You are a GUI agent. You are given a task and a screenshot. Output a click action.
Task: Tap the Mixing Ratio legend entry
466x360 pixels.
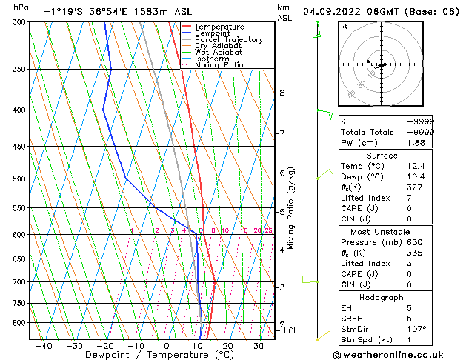(219, 65)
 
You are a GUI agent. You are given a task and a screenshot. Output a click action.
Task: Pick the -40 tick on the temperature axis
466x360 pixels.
(44, 345)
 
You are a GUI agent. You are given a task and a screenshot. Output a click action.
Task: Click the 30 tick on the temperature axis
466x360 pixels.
(259, 345)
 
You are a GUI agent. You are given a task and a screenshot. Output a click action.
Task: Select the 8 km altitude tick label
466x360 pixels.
(282, 93)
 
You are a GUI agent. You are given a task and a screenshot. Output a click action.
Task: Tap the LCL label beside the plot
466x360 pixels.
(290, 330)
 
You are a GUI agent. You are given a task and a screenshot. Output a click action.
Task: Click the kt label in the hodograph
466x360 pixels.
(344, 26)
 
